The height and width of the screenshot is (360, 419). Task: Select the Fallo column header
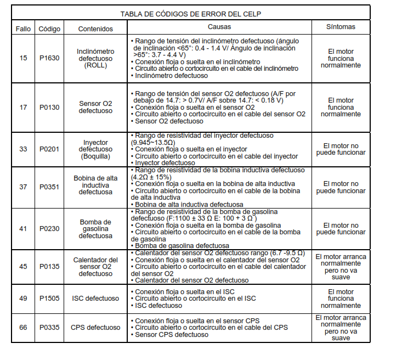click(23, 29)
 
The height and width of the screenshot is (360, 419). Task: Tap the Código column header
click(49, 29)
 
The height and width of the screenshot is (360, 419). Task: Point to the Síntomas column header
click(341, 26)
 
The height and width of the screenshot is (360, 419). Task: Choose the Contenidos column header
click(95, 29)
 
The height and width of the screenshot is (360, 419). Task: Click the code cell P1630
click(49, 58)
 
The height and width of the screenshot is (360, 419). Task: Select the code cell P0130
click(49, 107)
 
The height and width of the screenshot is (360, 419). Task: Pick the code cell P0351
click(49, 187)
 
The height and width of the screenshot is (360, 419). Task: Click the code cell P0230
click(49, 228)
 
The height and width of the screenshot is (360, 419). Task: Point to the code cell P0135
click(49, 267)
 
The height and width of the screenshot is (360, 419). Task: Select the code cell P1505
click(49, 299)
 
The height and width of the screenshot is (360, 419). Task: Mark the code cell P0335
click(49, 328)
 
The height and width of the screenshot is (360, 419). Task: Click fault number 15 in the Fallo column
click(23, 58)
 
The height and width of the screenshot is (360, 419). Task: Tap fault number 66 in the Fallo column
click(23, 328)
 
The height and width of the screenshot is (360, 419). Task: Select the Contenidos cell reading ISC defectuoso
click(95, 299)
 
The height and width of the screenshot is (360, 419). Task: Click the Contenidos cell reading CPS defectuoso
click(95, 328)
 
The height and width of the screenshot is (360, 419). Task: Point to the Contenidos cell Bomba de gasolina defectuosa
click(95, 228)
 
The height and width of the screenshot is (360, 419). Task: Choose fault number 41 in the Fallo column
click(23, 228)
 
